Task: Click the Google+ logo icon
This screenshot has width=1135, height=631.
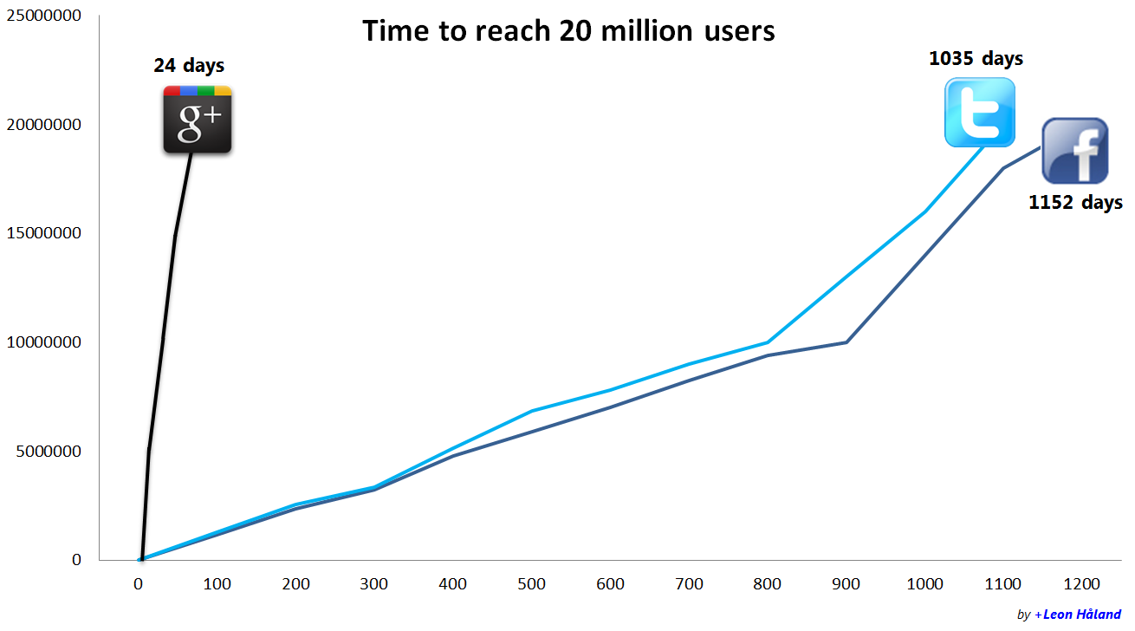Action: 198,120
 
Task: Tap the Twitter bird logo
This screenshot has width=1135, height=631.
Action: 979,112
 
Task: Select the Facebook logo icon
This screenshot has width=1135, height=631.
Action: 1074,151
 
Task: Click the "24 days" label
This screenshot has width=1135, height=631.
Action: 189,66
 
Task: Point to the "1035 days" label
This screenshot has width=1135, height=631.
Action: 976,59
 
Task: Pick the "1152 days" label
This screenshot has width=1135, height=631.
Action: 1075,203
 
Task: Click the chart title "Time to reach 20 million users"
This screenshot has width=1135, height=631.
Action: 568,31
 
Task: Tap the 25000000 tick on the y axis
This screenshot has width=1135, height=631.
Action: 44,16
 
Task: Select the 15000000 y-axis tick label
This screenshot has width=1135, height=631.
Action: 44,233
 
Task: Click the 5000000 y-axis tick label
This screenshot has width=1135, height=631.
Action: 48,451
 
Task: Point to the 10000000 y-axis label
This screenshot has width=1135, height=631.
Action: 44,342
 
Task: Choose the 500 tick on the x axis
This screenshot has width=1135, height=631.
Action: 532,584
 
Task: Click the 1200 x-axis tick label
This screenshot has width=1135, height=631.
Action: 1083,584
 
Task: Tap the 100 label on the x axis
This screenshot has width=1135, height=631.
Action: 217,584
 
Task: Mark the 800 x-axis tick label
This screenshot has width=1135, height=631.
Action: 768,584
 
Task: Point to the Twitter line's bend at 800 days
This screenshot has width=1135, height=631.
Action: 768,342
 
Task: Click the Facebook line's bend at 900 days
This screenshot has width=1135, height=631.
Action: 846,342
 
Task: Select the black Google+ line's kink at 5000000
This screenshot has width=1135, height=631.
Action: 149,451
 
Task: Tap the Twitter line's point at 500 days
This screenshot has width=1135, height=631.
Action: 532,411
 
